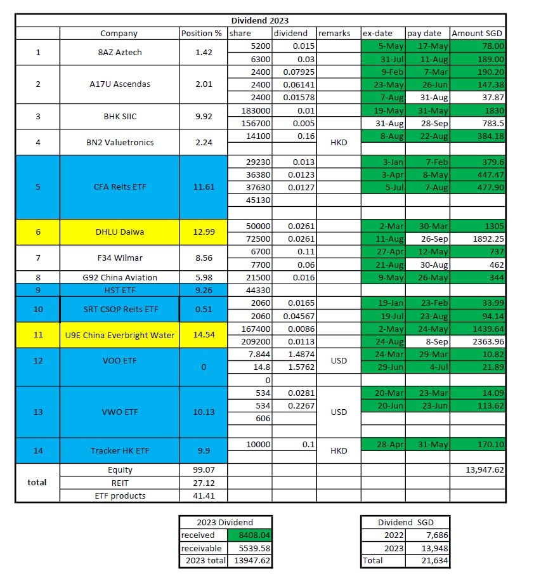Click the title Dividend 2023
click(x=260, y=20)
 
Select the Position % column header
click(x=202, y=33)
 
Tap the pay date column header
click(x=425, y=33)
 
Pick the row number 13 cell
click(x=37, y=412)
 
